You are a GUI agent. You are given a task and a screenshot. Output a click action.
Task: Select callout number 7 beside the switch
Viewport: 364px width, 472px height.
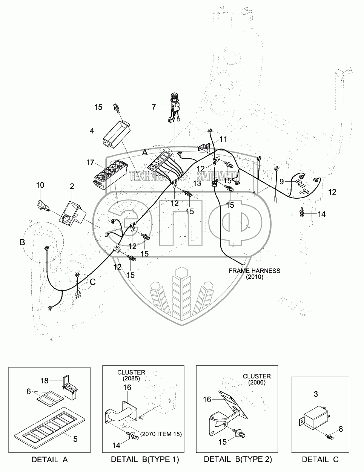pyautogui.click(x=154, y=107)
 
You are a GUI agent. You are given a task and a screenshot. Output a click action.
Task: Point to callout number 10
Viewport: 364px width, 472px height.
pyautogui.click(x=40, y=185)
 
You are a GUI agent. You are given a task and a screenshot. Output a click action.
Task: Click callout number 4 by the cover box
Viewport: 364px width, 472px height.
pyautogui.click(x=92, y=131)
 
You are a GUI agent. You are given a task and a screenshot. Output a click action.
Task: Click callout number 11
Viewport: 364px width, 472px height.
pyautogui.click(x=224, y=138)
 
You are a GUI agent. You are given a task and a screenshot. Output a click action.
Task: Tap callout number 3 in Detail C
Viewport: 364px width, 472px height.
pyautogui.click(x=316, y=394)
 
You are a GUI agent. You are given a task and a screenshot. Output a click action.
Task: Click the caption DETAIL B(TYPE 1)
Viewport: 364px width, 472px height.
pyautogui.click(x=145, y=460)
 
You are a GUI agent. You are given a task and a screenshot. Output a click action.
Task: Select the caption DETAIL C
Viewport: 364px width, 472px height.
pyautogui.click(x=320, y=460)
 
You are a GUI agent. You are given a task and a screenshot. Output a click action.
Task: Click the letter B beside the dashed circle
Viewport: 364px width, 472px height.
pyautogui.click(x=22, y=242)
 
